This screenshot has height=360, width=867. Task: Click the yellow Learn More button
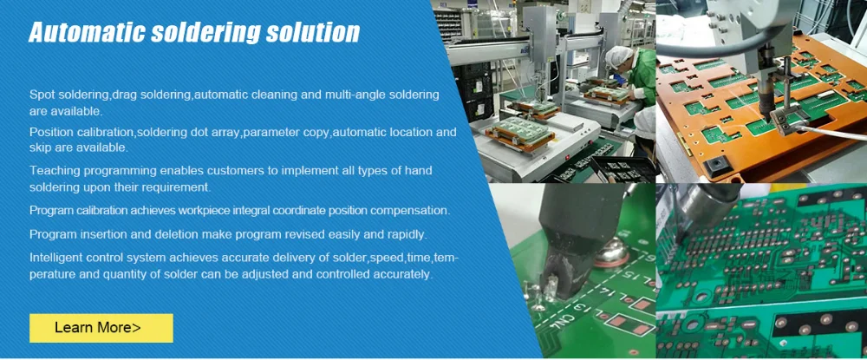[101, 328]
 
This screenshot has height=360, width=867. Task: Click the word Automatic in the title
[86, 33]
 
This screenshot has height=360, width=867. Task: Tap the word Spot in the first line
[41, 95]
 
